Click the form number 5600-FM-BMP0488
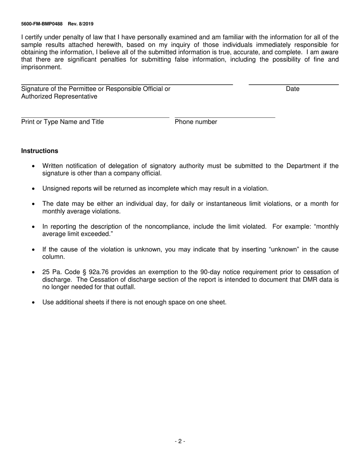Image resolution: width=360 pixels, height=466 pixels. click(42, 24)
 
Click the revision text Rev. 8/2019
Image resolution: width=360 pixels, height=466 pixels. click(81, 24)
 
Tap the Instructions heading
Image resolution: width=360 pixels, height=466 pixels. click(40, 151)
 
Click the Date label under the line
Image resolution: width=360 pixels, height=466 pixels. click(293, 89)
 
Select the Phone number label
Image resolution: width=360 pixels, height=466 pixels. click(196, 122)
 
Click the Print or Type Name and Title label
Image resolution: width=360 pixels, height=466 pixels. click(63, 122)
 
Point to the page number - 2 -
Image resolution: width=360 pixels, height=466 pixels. click(180, 441)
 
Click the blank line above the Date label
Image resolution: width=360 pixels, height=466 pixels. click(293, 84)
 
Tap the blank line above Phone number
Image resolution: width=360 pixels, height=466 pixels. click(225, 117)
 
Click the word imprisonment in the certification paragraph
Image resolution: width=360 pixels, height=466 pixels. click(41, 67)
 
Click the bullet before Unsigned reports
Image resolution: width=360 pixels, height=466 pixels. click(34, 189)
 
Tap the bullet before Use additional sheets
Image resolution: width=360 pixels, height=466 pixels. click(34, 302)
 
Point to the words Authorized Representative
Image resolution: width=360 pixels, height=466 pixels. click(59, 97)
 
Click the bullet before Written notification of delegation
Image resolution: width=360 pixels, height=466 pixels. click(34, 166)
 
